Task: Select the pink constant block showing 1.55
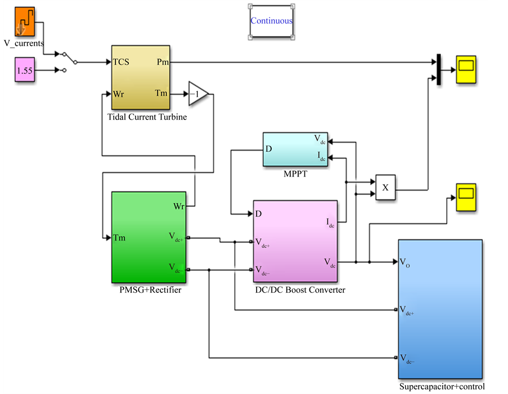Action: point(24,71)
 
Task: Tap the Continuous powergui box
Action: point(271,21)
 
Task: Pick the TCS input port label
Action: point(121,62)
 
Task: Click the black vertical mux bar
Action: point(437,70)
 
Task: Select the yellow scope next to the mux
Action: point(466,70)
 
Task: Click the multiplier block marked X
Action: point(385,188)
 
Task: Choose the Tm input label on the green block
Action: point(119,238)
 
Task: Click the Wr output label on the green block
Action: point(178,206)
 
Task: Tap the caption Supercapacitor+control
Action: point(442,387)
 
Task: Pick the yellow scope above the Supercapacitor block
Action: point(466,198)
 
